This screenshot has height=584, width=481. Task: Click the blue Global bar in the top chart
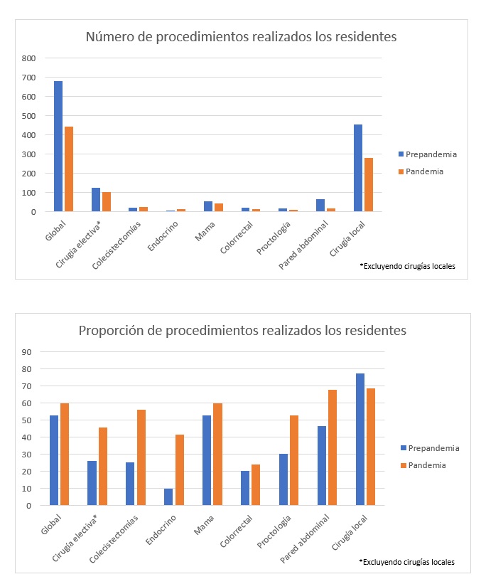coord(58,147)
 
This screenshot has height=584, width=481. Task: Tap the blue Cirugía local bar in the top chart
coord(358,168)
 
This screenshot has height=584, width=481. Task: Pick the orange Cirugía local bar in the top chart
coord(369,185)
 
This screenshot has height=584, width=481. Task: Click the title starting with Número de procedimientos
coord(241,36)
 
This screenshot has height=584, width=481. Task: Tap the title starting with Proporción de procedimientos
coord(242,331)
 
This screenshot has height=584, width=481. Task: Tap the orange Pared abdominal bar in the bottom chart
coord(332,447)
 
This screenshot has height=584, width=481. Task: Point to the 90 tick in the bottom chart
coord(28,351)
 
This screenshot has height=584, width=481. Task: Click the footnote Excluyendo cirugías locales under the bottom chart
coord(407,562)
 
